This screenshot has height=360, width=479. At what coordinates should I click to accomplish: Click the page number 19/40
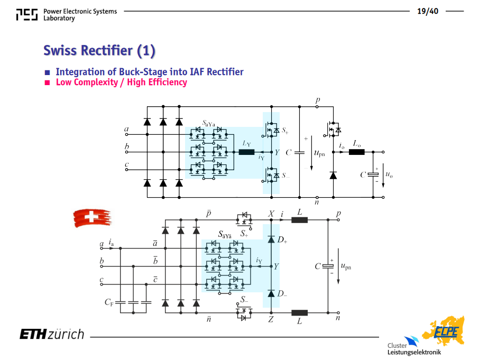428,11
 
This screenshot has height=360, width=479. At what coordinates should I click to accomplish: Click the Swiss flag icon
92,218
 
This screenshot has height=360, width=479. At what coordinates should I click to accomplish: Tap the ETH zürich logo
52,334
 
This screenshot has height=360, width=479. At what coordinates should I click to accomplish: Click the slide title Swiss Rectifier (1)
99,50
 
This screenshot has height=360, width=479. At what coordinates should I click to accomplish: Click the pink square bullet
47,82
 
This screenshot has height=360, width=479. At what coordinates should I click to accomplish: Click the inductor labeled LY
246,152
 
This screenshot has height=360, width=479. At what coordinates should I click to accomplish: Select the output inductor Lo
356,152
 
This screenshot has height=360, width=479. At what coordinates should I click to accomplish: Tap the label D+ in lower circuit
282,239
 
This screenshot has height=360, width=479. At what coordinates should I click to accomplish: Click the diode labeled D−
271,293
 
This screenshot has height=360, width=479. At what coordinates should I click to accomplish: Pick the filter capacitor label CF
109,302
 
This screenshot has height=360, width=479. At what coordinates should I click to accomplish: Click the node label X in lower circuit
271,214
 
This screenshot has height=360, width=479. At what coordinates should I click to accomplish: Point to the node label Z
271,319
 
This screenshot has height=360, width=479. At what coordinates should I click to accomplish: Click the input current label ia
111,243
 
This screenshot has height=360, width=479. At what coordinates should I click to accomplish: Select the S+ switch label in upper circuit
285,131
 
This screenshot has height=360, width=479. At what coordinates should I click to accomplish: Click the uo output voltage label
389,174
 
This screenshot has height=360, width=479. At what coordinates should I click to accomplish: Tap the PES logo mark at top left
27,14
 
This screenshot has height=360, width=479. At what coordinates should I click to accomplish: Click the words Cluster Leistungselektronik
414,349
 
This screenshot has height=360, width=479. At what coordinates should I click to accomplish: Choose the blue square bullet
47,72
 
